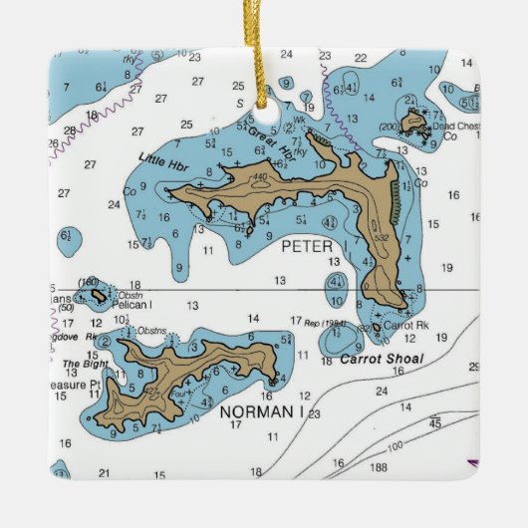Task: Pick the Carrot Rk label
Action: pyautogui.click(x=397, y=326)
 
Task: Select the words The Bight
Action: pyautogui.click(x=84, y=364)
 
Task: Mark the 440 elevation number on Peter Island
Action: pyautogui.click(x=261, y=178)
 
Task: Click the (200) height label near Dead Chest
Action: pyautogui.click(x=391, y=128)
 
